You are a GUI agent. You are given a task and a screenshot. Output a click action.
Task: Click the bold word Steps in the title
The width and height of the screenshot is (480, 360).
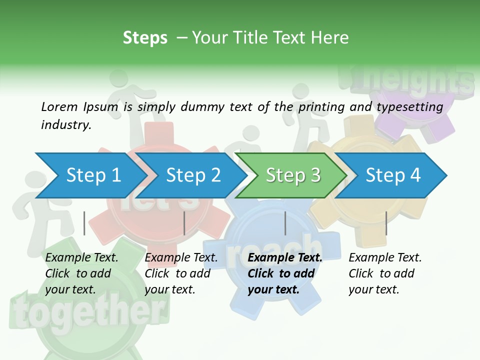click(145, 38)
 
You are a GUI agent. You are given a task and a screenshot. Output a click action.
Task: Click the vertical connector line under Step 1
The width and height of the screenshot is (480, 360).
click(84, 223)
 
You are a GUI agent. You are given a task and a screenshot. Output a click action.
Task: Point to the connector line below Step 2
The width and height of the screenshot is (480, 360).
click(184, 223)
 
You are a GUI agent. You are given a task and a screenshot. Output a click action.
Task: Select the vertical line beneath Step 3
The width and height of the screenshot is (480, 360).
click(285, 223)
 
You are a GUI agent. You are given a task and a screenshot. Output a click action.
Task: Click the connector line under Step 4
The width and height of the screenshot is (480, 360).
click(386, 223)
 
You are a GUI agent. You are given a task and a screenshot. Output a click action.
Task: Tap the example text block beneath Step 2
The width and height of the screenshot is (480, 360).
click(181, 273)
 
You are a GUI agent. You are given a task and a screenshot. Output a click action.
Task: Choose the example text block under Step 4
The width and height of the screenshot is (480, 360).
click(385, 273)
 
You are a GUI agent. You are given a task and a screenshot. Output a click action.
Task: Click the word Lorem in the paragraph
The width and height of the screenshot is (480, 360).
click(59, 106)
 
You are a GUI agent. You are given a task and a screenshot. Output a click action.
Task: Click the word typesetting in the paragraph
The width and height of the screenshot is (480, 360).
click(409, 107)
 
